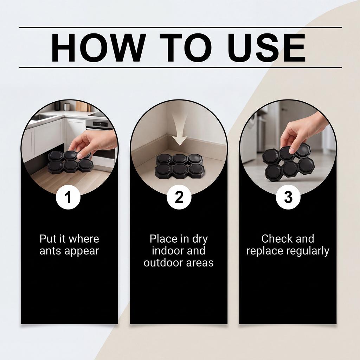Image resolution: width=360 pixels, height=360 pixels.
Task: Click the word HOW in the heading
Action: [99, 47]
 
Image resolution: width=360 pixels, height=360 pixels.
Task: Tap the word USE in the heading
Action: [267, 47]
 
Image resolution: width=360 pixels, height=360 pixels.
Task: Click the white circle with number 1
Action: [68, 197]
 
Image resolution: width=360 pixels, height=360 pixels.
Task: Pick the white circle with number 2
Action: [179, 197]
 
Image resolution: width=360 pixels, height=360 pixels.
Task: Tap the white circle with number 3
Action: [288, 197]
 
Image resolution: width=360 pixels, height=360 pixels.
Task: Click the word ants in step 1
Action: [51, 251]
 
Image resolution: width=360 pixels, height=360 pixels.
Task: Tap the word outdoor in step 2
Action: [163, 262]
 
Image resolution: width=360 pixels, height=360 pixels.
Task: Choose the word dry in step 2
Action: [200, 239]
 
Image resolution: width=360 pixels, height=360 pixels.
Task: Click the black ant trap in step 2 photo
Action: [179, 166]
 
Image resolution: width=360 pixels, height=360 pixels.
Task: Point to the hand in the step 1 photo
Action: [92, 143]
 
